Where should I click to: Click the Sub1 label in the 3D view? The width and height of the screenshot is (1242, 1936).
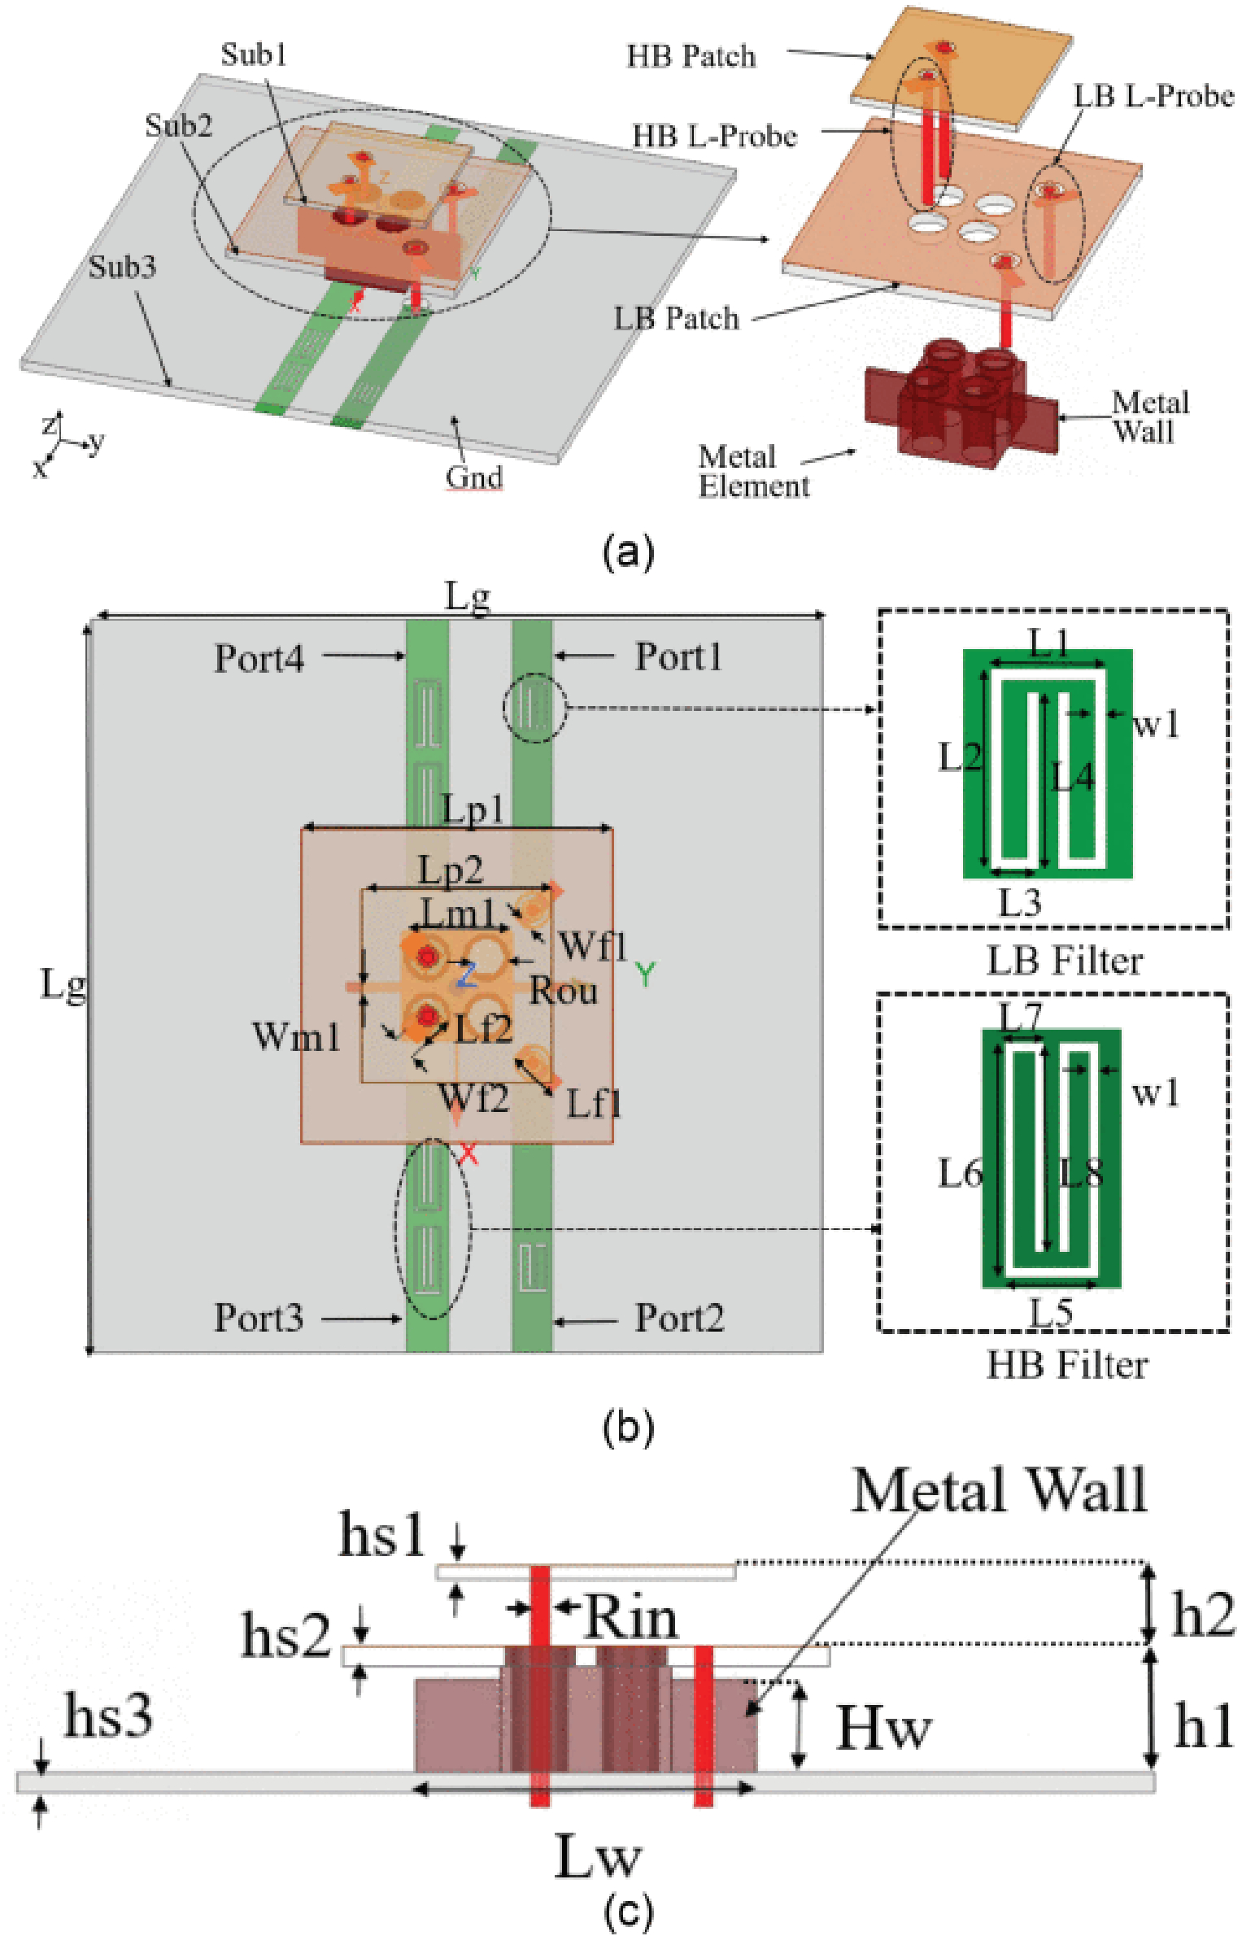pyautogui.click(x=254, y=55)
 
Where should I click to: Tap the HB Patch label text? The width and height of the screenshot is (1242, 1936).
pyautogui.click(x=691, y=57)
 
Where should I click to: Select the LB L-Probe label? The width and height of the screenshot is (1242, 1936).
pyautogui.click(x=1153, y=97)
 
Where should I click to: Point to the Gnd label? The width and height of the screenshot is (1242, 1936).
pyautogui.click(x=473, y=477)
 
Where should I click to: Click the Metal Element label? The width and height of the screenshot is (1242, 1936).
pyautogui.click(x=753, y=472)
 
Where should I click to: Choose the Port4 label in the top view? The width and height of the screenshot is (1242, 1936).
pyautogui.click(x=259, y=658)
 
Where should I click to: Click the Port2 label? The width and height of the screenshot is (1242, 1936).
pyautogui.click(x=679, y=1318)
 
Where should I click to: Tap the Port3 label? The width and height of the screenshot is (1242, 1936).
pyautogui.click(x=259, y=1318)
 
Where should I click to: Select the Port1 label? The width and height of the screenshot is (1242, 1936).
pyautogui.click(x=679, y=656)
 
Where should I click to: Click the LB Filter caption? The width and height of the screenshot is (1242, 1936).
pyautogui.click(x=1065, y=961)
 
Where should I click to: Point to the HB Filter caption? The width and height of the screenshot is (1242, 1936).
pyautogui.click(x=1067, y=1365)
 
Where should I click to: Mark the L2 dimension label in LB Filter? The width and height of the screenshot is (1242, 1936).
pyautogui.click(x=960, y=758)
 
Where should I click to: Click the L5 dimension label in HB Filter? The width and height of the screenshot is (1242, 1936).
pyautogui.click(x=1051, y=1312)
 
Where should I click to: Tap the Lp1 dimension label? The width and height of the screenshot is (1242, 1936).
pyautogui.click(x=473, y=809)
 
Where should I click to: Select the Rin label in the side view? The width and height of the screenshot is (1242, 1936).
pyautogui.click(x=630, y=1618)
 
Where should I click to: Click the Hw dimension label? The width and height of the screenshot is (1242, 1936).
pyautogui.click(x=884, y=1728)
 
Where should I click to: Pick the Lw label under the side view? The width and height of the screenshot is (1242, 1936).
pyautogui.click(x=598, y=1856)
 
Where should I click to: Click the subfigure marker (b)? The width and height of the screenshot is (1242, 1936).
pyautogui.click(x=627, y=1428)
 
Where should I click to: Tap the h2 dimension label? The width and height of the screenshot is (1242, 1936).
pyautogui.click(x=1203, y=1616)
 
